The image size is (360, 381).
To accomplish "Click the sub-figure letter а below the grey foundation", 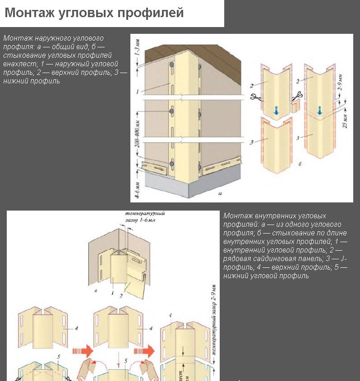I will [220, 195].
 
